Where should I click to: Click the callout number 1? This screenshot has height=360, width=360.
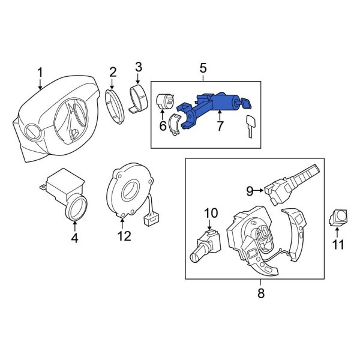coord(40,73)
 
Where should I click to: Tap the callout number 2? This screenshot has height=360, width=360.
coord(112,74)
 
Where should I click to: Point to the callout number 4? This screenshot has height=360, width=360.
coord(74,237)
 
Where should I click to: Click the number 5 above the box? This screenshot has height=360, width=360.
coord(203,68)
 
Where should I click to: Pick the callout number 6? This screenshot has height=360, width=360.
coord(162,126)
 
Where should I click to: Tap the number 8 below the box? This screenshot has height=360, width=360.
coord(260,293)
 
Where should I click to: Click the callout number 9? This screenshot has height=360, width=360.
coord(250,191)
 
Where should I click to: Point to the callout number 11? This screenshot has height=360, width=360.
coord(339,244)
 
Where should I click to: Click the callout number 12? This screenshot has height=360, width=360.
coord(124,236)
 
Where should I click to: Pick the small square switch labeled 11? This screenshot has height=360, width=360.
coord(340,217)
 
